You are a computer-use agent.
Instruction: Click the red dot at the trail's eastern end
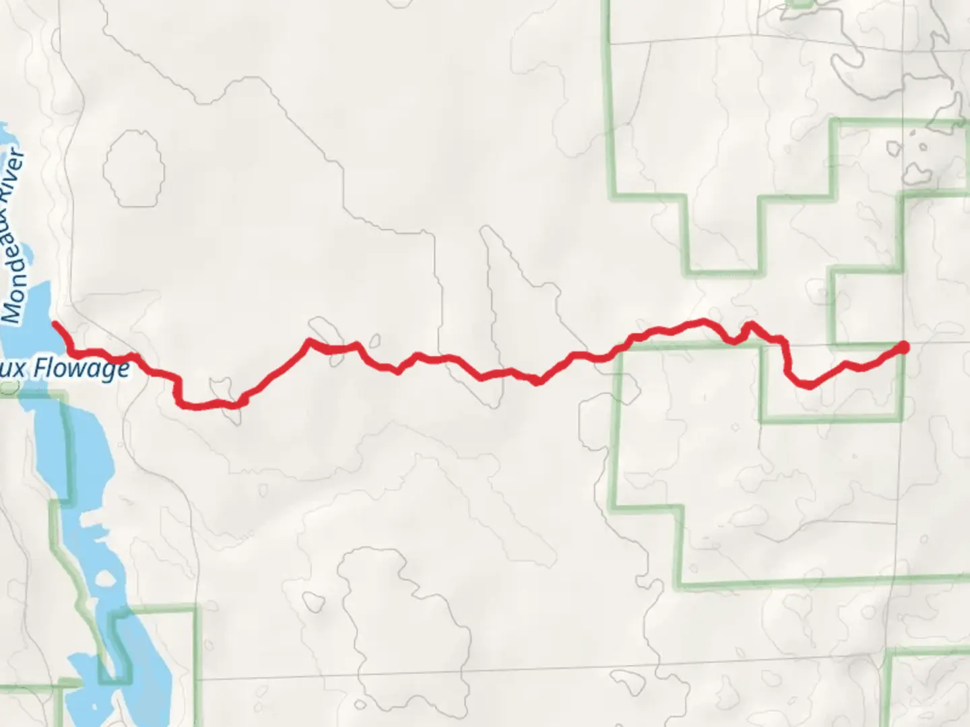coord(903,347)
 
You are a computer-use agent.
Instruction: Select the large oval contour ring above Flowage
coord(134,168)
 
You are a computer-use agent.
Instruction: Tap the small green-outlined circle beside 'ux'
coord(9,388)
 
